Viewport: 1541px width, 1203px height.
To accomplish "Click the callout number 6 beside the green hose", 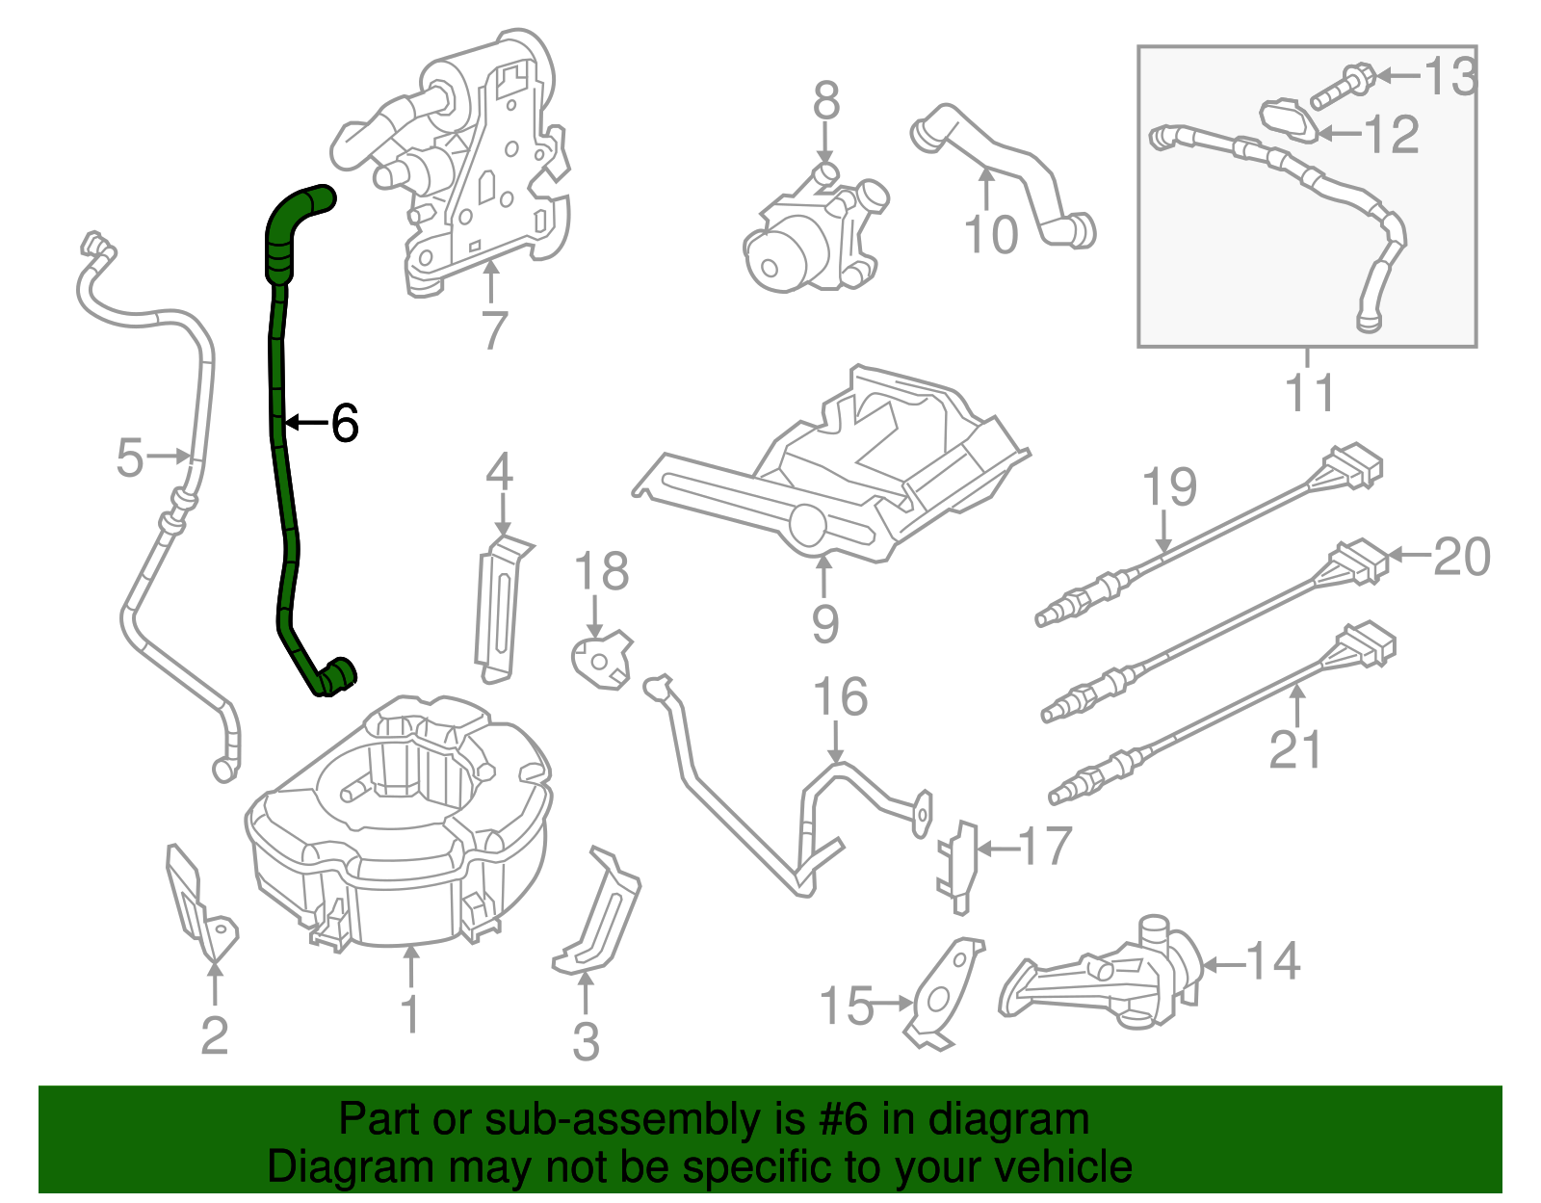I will coord(345,423).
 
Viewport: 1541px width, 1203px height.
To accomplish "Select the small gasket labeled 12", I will coord(1289,120).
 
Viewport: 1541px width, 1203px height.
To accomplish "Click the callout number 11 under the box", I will coord(1309,393).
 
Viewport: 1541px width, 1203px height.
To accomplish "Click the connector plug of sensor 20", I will coord(1359,562).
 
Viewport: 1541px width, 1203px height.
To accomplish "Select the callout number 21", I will coord(1295,749).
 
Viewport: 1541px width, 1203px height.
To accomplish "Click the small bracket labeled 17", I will coord(957,865).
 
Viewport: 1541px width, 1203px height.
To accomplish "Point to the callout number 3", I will coord(586,1041).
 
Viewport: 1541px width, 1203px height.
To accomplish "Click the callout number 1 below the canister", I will coord(411,1014).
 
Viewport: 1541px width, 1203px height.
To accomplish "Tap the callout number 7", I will coord(493,330).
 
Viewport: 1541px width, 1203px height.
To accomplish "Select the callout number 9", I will coord(824,623).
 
